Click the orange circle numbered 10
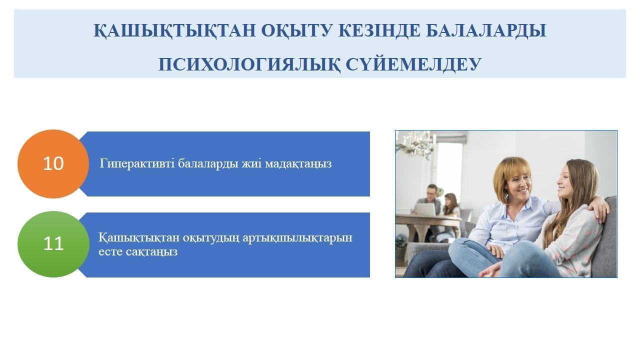click(x=53, y=163)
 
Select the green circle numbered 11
click(x=53, y=244)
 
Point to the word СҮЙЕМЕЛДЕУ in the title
click(x=413, y=64)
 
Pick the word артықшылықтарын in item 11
click(x=297, y=238)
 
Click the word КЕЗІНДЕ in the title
click(x=379, y=31)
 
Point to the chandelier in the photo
click(x=416, y=144)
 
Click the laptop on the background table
click(x=425, y=209)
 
